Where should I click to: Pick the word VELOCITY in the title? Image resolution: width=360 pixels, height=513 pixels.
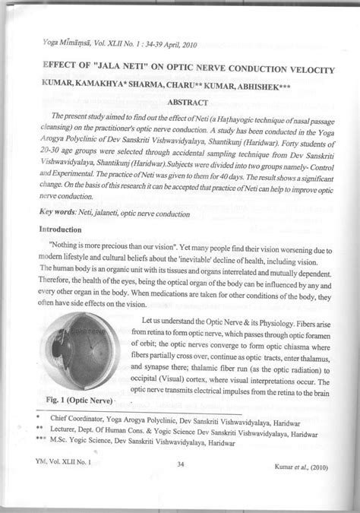click(x=305, y=70)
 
